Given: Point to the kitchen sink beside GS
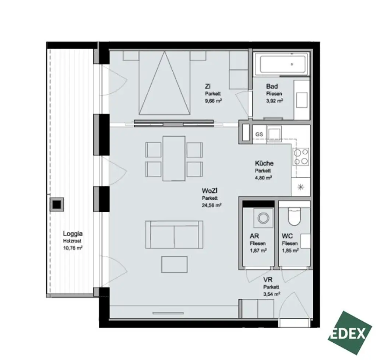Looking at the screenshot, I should pyautogui.click(x=274, y=133).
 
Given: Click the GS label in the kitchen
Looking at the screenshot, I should pyautogui.click(x=259, y=134).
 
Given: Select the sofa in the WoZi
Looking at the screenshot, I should pyautogui.click(x=174, y=234).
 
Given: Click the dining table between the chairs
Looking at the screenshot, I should pyautogui.click(x=174, y=158).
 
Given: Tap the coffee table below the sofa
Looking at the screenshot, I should pyautogui.click(x=174, y=265).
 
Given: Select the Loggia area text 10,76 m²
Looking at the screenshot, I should pyautogui.click(x=73, y=248).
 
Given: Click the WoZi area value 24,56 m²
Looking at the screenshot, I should pyautogui.click(x=211, y=206).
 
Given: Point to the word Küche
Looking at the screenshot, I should pyautogui.click(x=264, y=163).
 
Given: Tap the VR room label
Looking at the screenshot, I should pyautogui.click(x=268, y=280).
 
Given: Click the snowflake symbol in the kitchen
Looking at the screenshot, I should pyautogui.click(x=300, y=187).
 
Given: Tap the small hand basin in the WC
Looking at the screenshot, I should pyautogui.click(x=305, y=241).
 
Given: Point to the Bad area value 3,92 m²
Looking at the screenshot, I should pyautogui.click(x=274, y=100).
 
